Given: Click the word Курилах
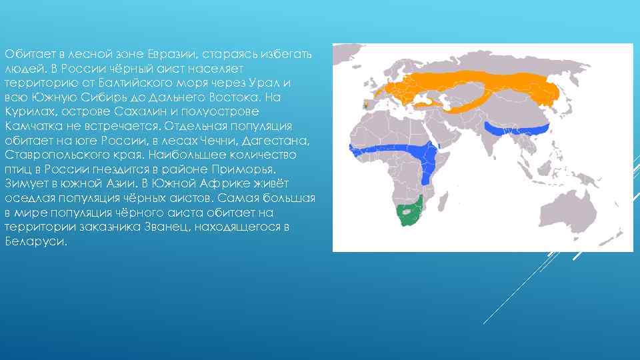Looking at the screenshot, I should [26, 111].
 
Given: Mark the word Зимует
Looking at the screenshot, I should [25, 184].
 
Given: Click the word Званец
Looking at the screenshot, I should [213, 228].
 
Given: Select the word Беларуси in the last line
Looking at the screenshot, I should [35, 243].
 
